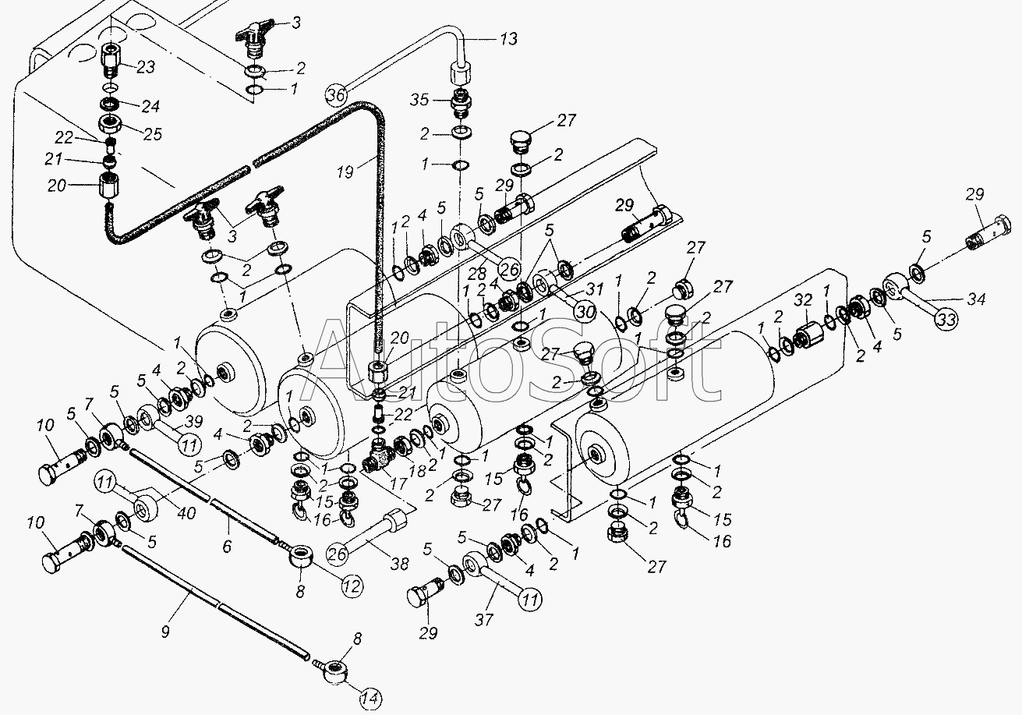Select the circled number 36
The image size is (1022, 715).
coord(335,95)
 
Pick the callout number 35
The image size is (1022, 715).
coord(419,100)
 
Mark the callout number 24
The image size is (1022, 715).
coord(150,104)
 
